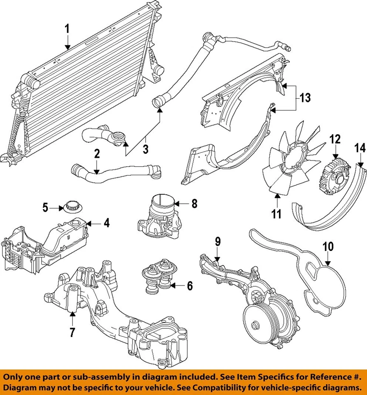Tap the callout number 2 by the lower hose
pyautogui.click(x=97, y=154)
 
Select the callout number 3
pyautogui.click(x=145, y=149)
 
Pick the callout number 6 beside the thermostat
pyautogui.click(x=190, y=285)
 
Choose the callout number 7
pyautogui.click(x=72, y=331)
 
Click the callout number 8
pyautogui.click(x=194, y=203)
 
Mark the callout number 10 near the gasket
pyautogui.click(x=328, y=247)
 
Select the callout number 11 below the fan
pyautogui.click(x=276, y=214)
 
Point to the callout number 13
pyautogui.click(x=305, y=98)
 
